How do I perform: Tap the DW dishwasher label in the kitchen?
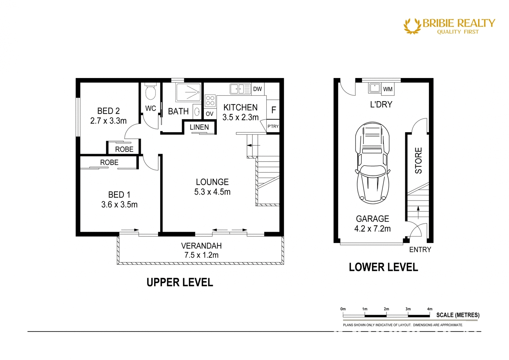pyautogui.click(x=258, y=89)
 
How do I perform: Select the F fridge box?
pyautogui.click(x=273, y=110)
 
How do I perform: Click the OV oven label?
pyautogui.click(x=209, y=114)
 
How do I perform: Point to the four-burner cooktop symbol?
pyautogui.click(x=210, y=101)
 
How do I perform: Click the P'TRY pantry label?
pyautogui.click(x=273, y=126)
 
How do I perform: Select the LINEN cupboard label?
pyautogui.click(x=199, y=127)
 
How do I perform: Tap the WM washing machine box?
pyautogui.click(x=388, y=89)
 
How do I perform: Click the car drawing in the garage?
pyautogui.click(x=372, y=163)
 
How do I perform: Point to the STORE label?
pyautogui.click(x=418, y=160)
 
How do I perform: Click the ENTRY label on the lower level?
pyautogui.click(x=420, y=249)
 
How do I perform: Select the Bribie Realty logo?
pyautogui.click(x=449, y=26)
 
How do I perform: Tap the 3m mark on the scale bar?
pyautogui.click(x=408, y=309)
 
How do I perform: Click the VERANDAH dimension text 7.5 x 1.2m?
pyautogui.click(x=201, y=255)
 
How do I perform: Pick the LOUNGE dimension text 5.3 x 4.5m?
pyautogui.click(x=212, y=192)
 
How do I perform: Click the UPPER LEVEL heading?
pyautogui.click(x=180, y=282)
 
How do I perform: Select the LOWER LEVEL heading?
pyautogui.click(x=383, y=267)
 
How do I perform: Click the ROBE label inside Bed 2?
pyautogui.click(x=124, y=149)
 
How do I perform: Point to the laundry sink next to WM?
pyautogui.click(x=375, y=88)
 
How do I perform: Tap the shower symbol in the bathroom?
pyautogui.click(x=188, y=92)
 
